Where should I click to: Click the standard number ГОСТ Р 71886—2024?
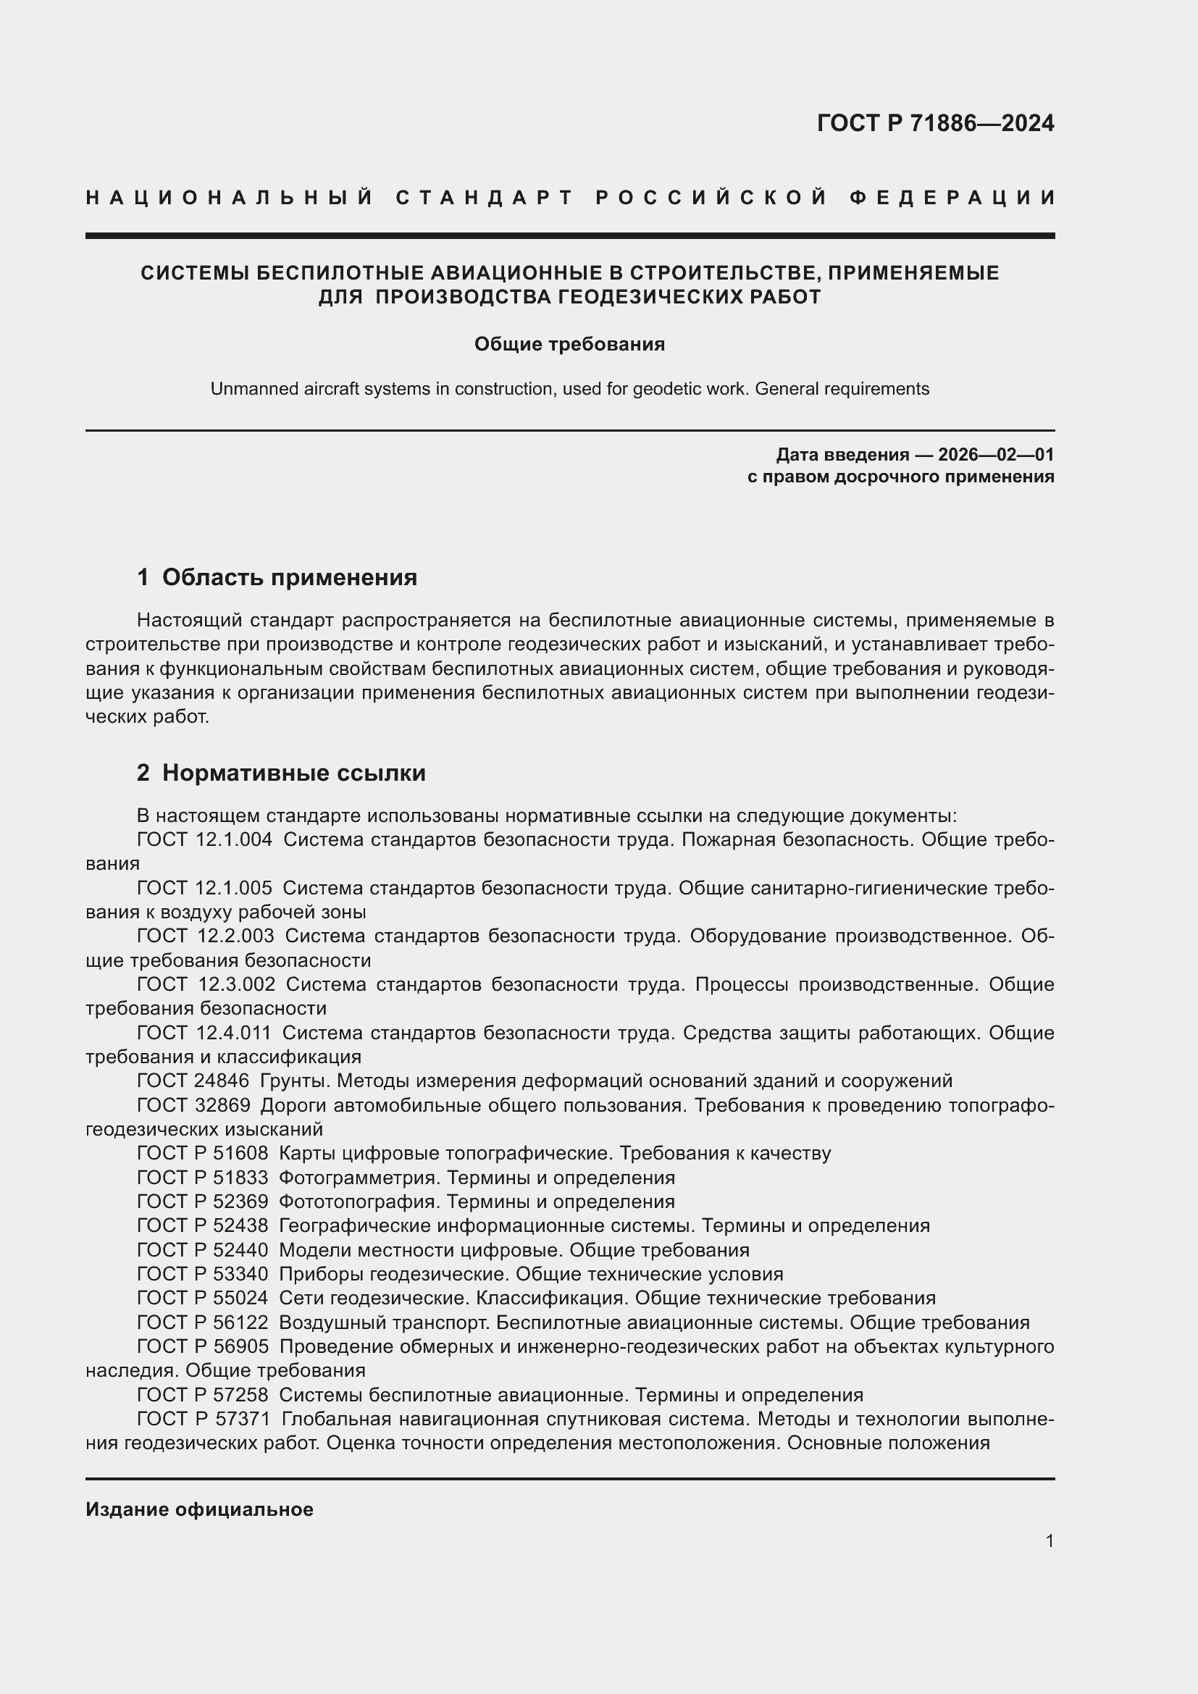934,123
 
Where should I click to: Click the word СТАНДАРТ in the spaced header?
485,198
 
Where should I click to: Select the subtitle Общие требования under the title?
569,345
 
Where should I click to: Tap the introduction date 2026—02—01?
995,455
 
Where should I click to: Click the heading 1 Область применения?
277,577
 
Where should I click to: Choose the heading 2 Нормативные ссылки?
281,773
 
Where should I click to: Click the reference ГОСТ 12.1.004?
204,839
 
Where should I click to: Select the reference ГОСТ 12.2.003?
205,936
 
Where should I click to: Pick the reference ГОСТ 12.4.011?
204,1032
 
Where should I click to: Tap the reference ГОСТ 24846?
193,1081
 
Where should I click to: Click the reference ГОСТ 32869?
193,1105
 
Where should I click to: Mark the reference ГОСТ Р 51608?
202,1153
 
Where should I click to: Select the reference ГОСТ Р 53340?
202,1274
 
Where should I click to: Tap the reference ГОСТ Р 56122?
202,1322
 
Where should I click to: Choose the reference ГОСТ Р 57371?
204,1419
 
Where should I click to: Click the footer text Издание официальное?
199,1509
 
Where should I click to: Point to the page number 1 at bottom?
1049,1541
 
